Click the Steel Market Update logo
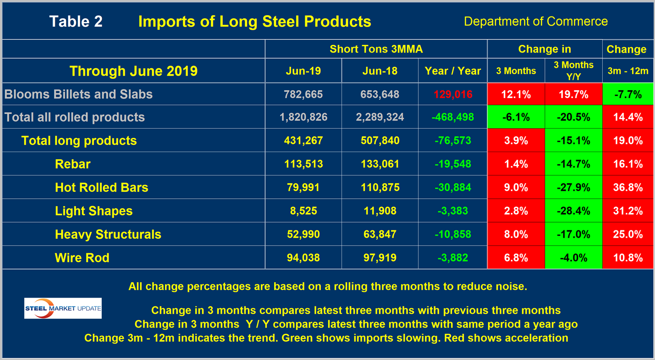point(63,308)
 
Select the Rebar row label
point(72,164)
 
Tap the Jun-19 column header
point(303,71)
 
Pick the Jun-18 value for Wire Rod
point(380,257)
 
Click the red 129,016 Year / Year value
point(452,94)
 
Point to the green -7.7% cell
point(627,94)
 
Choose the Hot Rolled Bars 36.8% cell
point(627,187)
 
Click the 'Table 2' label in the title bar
point(76,22)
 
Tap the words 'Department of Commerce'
point(535,22)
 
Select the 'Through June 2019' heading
point(133,71)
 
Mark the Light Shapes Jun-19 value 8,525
point(303,211)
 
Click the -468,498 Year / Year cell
point(452,117)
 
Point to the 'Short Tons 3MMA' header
point(376,49)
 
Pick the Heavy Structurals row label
point(108,235)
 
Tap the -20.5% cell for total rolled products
point(573,117)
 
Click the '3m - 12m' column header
point(627,71)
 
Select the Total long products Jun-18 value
point(380,141)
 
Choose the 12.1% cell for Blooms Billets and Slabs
point(516,94)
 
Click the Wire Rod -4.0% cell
point(573,257)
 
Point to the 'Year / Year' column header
point(452,71)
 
